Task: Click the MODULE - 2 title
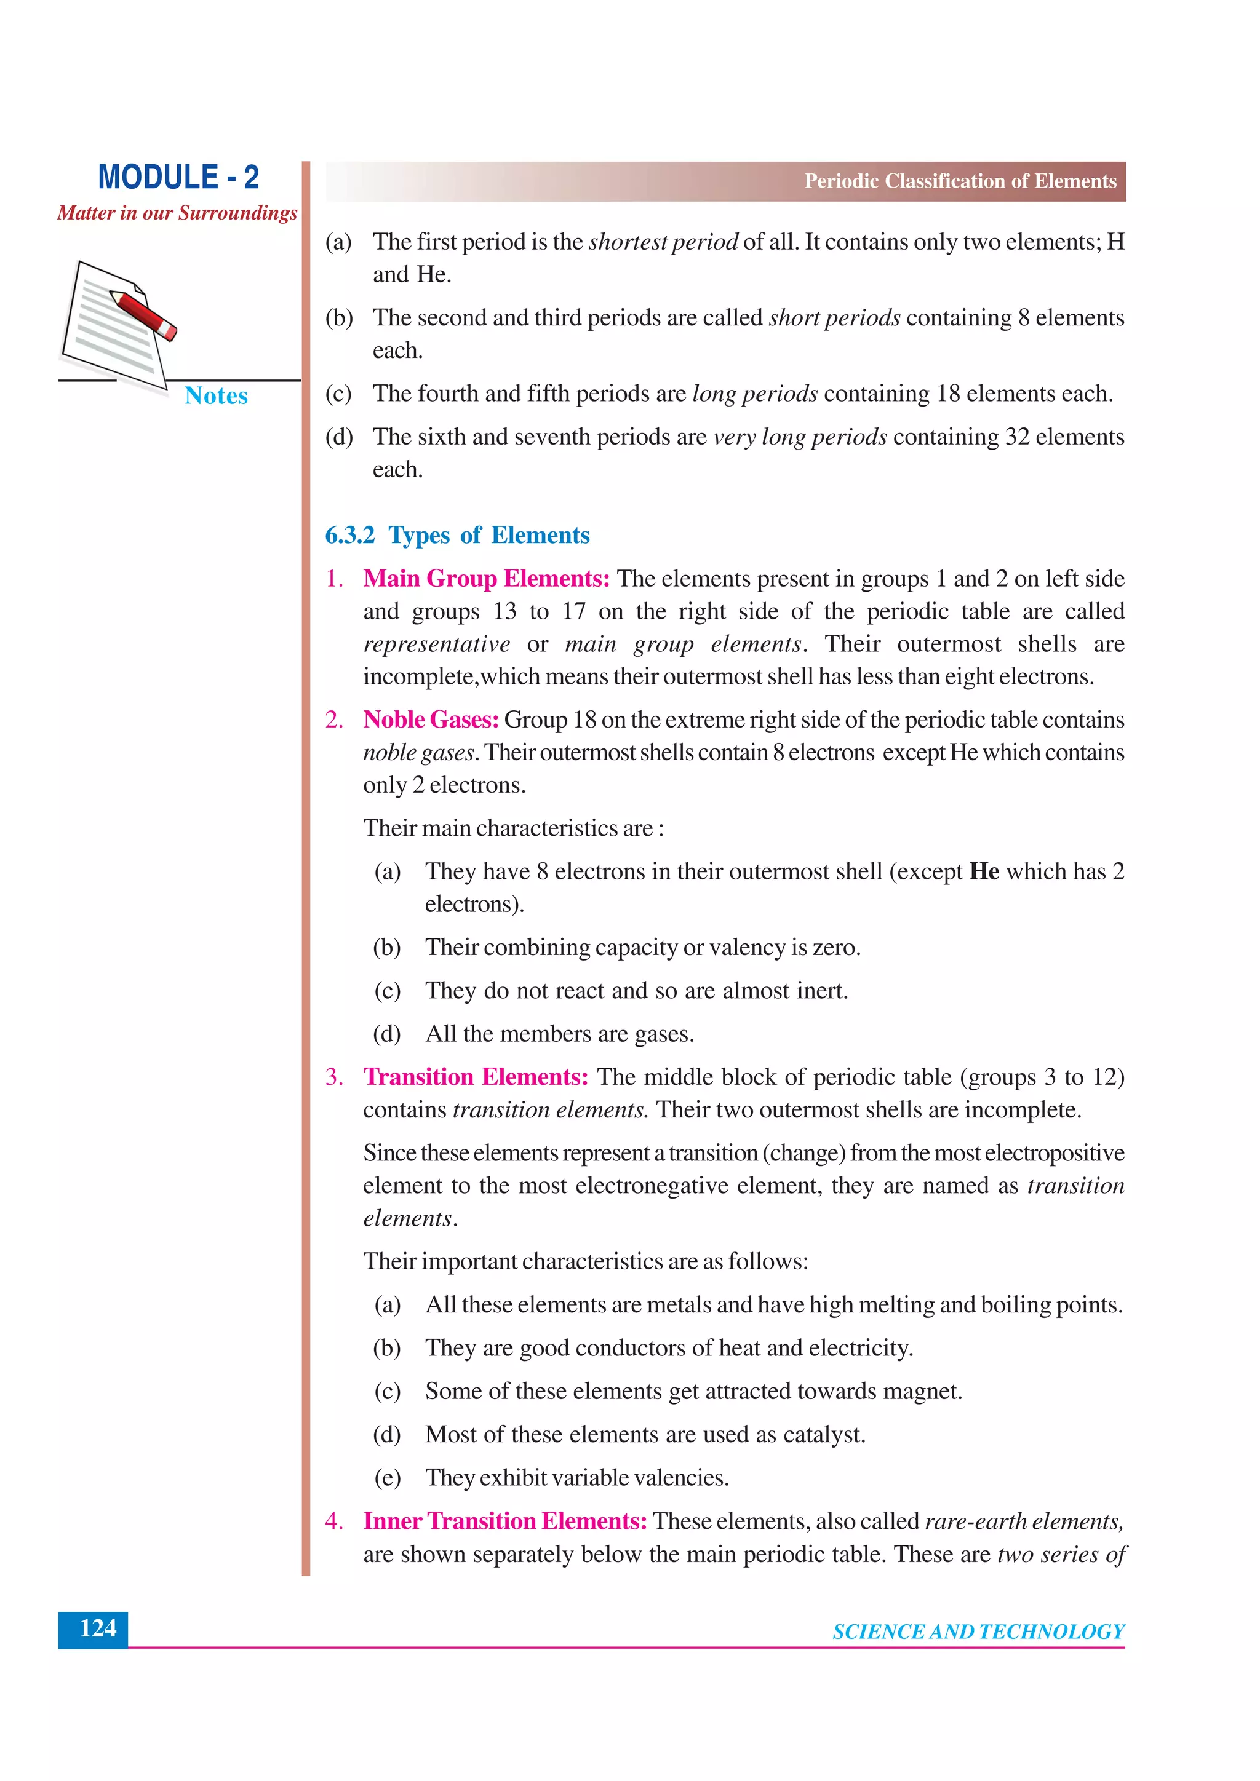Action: click(178, 178)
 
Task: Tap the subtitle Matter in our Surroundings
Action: click(177, 213)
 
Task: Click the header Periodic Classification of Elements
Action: click(960, 181)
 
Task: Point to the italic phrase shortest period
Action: click(663, 242)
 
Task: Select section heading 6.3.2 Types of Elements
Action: click(457, 535)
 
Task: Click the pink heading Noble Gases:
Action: click(431, 720)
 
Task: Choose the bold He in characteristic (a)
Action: click(984, 872)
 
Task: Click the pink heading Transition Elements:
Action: click(476, 1077)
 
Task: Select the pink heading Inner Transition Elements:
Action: click(505, 1521)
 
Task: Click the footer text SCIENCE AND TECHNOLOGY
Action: click(978, 1632)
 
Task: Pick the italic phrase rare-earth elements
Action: click(1023, 1521)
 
